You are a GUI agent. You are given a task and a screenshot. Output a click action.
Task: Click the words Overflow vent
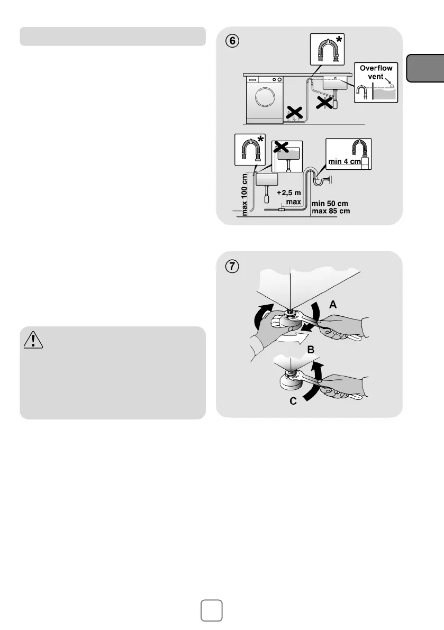click(376, 72)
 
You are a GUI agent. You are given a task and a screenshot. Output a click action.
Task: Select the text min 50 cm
click(330, 203)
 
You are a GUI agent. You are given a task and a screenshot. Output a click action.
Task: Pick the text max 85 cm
click(331, 211)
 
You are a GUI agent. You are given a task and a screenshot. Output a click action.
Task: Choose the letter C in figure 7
click(293, 401)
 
